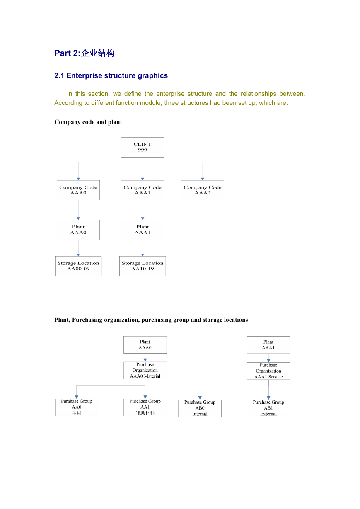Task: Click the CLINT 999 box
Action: pyautogui.click(x=143, y=147)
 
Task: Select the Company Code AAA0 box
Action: pyautogui.click(x=78, y=190)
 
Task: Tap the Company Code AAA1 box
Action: pyautogui.click(x=143, y=190)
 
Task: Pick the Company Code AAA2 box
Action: pyautogui.click(x=203, y=190)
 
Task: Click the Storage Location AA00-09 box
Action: pyautogui.click(x=78, y=266)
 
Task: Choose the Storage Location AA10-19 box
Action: pyautogui.click(x=143, y=266)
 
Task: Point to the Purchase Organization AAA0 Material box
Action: pyautogui.click(x=145, y=371)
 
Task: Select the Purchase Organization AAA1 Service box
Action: pyautogui.click(x=268, y=371)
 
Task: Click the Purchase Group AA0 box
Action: pyautogui.click(x=77, y=407)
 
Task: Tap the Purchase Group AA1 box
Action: pyautogui.click(x=145, y=407)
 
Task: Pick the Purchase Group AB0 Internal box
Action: pyautogui.click(x=200, y=408)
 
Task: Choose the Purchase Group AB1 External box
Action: pyautogui.click(x=268, y=408)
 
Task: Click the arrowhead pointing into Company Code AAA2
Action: pyautogui.click(x=203, y=179)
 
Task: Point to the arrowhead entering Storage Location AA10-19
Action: pyautogui.click(x=143, y=255)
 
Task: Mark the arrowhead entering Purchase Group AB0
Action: pyautogui.click(x=200, y=398)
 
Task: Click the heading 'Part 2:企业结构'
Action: pyautogui.click(x=84, y=53)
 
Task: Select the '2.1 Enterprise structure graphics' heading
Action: pyautogui.click(x=111, y=75)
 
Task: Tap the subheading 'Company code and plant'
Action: pyautogui.click(x=88, y=122)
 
